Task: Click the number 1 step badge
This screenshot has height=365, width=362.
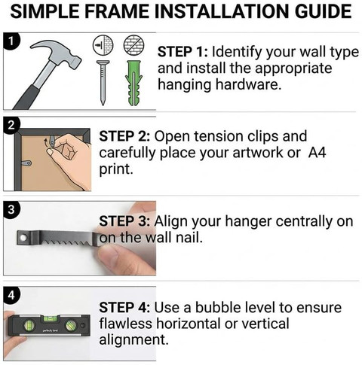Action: coord(11,41)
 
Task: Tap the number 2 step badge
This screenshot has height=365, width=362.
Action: coord(11,125)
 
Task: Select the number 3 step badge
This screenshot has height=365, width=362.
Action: coord(11,209)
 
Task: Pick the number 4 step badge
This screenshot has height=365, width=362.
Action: coord(11,296)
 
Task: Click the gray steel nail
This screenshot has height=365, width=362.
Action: coord(103,82)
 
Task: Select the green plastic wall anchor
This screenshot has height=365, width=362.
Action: coord(133,83)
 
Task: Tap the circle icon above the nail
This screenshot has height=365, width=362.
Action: coord(103,45)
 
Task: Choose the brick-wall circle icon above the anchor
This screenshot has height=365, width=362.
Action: coord(133,45)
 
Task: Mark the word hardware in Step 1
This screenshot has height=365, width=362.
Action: coord(248,85)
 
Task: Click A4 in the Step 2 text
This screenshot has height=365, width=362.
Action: coord(317,153)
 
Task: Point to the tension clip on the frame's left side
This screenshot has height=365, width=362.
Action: coord(26,163)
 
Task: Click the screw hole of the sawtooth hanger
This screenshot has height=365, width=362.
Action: coord(23,237)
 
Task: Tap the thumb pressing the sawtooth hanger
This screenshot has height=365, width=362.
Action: coord(126,261)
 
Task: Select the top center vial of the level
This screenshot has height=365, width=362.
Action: coord(51,318)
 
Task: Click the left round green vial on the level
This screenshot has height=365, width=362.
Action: coord(29,326)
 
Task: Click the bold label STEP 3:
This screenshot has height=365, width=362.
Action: coord(124,222)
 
